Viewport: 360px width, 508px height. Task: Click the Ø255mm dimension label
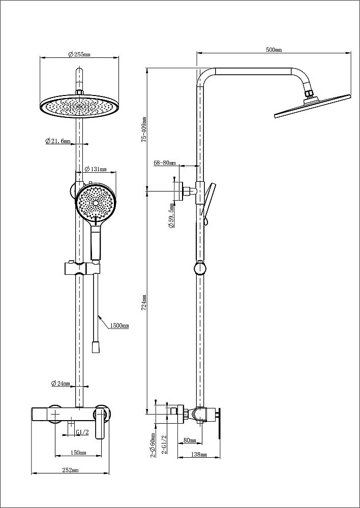[79, 55]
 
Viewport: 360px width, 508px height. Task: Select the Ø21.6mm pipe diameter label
[57, 141]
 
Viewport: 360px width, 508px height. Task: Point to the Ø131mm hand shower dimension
[96, 169]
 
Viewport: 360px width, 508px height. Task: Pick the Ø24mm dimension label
[61, 384]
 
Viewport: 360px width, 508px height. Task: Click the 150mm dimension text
[78, 452]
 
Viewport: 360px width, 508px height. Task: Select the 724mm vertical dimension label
[144, 303]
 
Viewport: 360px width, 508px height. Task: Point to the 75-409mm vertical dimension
[144, 130]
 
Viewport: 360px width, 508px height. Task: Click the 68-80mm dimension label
[164, 163]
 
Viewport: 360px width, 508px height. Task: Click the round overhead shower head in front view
[78, 106]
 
